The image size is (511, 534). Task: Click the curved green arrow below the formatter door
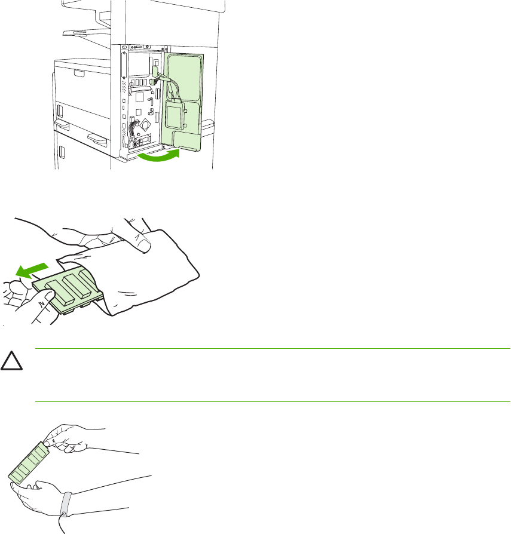point(158,156)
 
